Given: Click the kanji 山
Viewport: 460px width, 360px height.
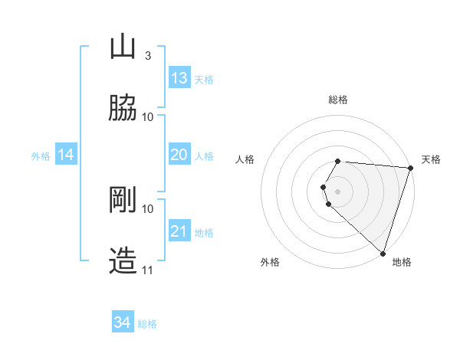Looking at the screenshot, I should [x=123, y=47].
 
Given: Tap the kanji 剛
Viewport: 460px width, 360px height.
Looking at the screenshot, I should [x=123, y=200].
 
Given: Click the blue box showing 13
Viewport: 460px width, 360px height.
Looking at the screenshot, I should [x=179, y=78].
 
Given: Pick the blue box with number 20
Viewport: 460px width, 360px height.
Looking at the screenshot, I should [x=179, y=155].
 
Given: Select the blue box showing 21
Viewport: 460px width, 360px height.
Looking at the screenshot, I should [x=179, y=231].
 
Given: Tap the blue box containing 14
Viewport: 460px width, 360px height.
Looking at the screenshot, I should [x=66, y=155].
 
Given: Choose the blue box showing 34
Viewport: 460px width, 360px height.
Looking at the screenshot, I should [x=123, y=322].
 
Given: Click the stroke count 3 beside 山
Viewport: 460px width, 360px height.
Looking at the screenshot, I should [x=147, y=55].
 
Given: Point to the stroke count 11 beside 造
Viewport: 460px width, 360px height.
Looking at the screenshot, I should [x=148, y=270].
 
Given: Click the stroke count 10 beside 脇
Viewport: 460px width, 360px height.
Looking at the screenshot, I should [x=148, y=116].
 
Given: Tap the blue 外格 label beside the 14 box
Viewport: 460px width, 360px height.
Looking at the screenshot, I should [x=41, y=156].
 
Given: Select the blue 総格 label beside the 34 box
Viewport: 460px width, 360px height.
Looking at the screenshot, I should [x=147, y=324].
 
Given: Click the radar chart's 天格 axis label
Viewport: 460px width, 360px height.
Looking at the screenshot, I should [x=431, y=159].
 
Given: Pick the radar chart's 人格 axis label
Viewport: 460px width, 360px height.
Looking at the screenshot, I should [x=245, y=159].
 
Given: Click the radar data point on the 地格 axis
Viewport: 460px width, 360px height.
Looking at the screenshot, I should [x=383, y=253].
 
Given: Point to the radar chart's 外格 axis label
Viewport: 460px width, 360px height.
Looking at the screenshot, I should [x=270, y=262].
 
